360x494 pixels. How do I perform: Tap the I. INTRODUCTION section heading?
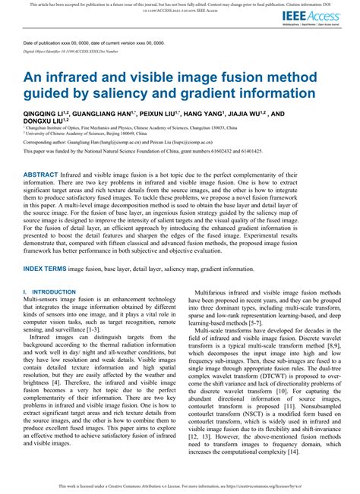[x=49, y=291]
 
